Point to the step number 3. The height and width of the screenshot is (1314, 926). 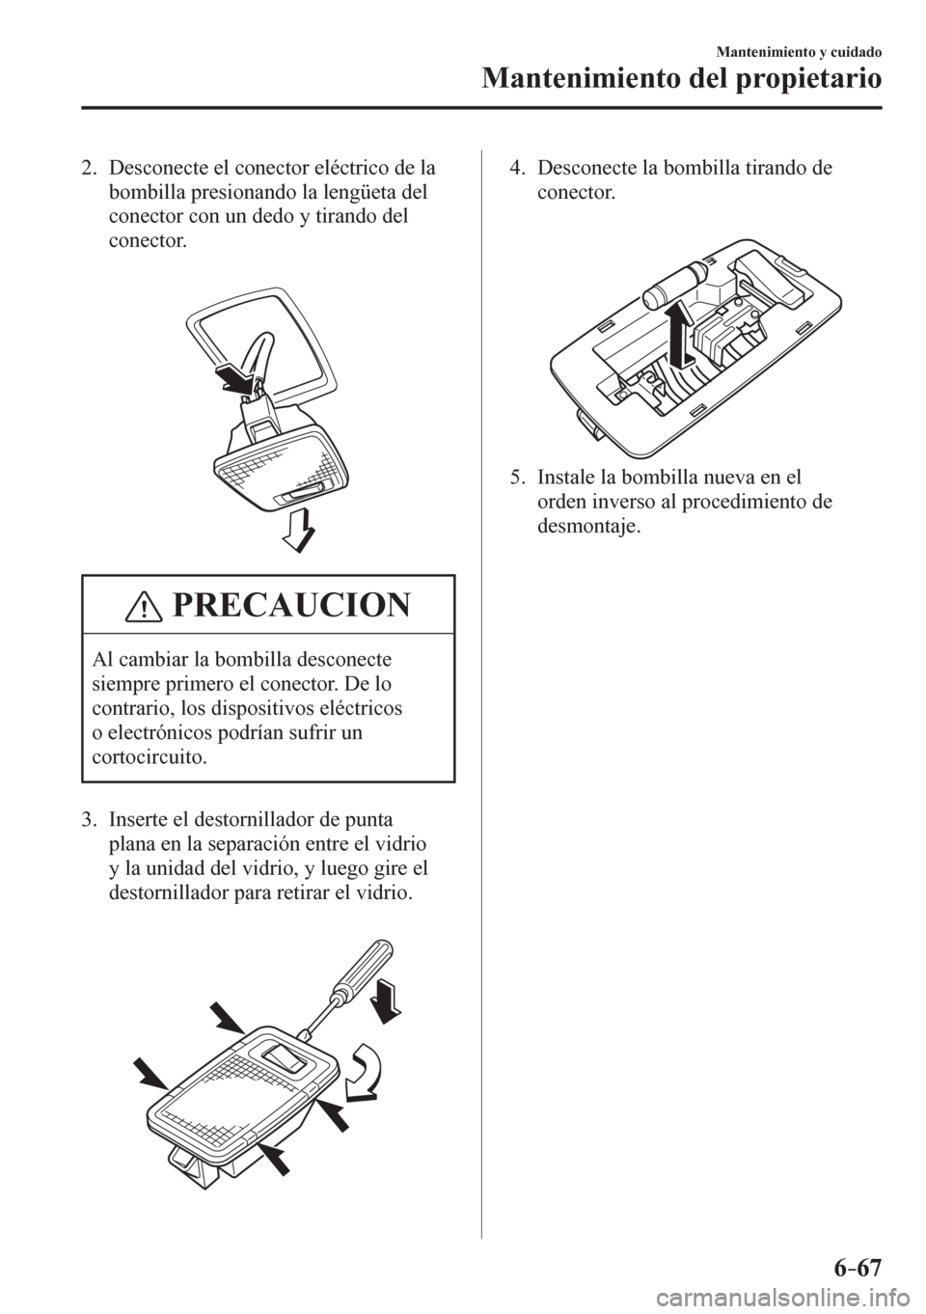point(87,821)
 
